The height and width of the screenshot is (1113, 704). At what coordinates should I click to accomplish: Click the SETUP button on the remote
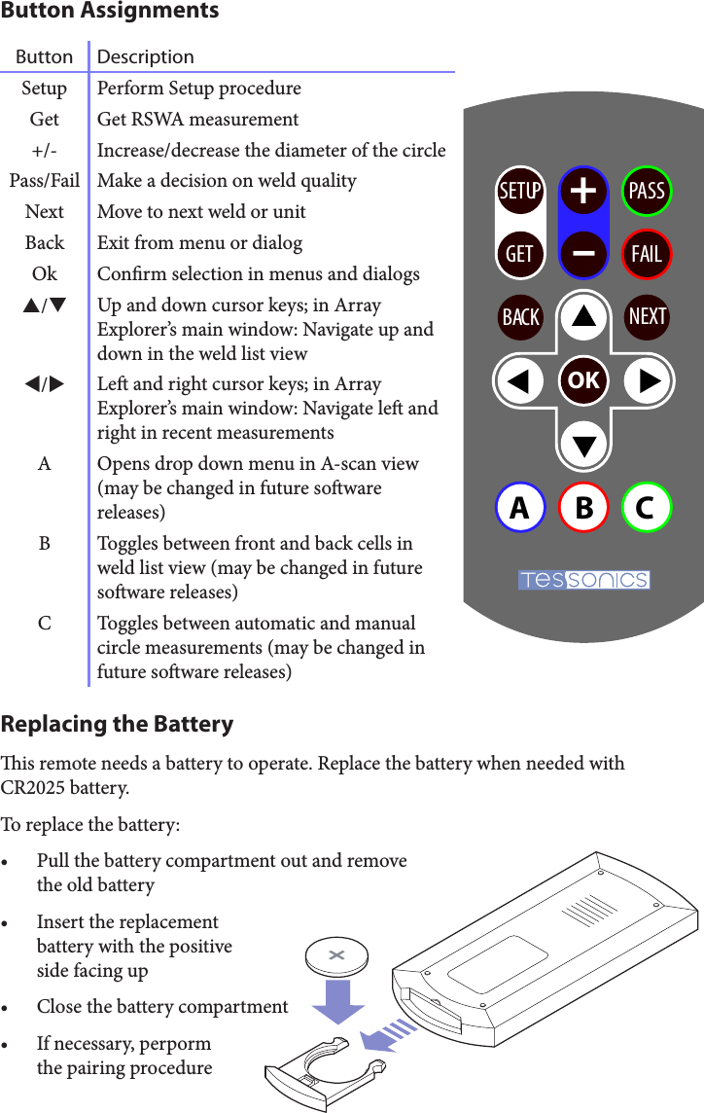520,191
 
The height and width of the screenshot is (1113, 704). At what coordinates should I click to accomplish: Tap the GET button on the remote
520,254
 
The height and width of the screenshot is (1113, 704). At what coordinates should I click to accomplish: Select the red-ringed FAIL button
647,254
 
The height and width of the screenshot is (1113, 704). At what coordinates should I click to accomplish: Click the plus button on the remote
583,191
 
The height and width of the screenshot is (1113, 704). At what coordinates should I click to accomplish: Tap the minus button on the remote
583,253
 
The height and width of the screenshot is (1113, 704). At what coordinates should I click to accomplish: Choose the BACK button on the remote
520,317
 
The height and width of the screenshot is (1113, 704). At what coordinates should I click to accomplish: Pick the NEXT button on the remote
647,316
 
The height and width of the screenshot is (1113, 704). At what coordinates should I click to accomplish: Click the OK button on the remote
583,380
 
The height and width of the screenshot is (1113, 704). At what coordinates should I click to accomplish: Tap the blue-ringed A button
520,508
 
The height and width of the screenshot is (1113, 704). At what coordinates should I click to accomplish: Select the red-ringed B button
583,508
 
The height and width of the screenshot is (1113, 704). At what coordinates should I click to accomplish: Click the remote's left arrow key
522,380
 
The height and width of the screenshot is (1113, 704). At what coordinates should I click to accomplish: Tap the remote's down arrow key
583,444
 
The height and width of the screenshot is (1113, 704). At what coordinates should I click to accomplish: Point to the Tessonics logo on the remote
583,581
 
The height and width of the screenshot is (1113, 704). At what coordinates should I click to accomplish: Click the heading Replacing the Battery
118,724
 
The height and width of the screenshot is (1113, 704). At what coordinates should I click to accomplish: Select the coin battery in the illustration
336,956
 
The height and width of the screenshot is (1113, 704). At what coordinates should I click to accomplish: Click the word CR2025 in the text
36,786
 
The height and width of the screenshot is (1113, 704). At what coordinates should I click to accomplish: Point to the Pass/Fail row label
45,181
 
